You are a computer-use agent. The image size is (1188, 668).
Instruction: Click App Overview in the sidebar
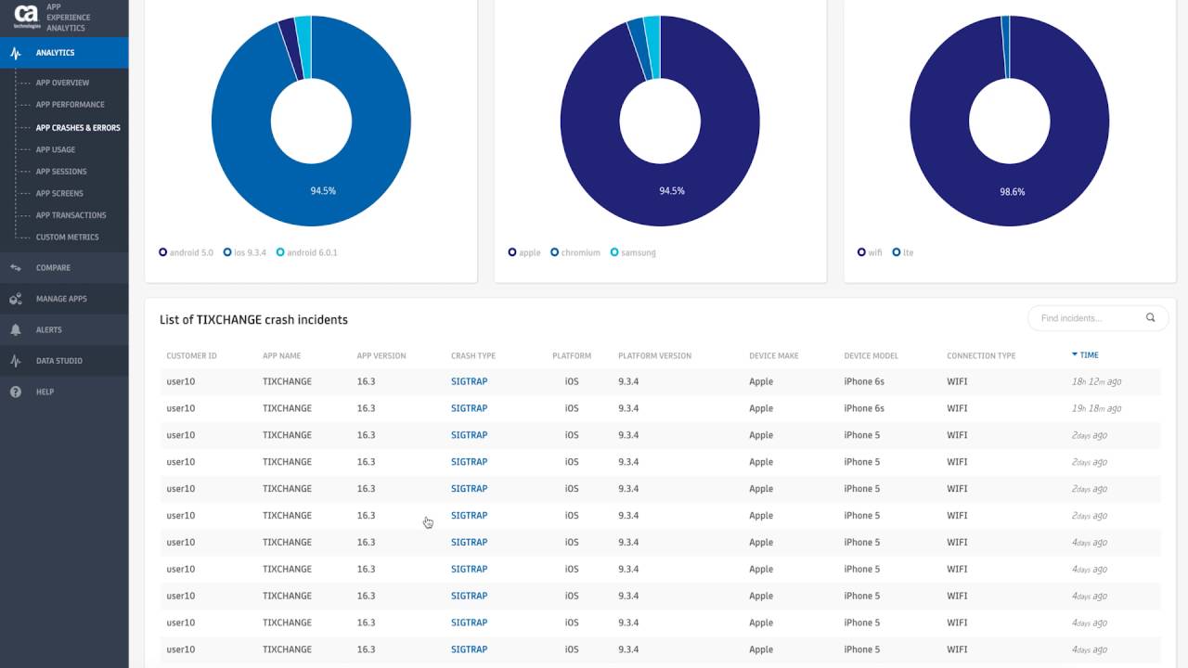[x=62, y=83]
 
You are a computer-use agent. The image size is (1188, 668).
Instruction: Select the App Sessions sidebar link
[x=61, y=172]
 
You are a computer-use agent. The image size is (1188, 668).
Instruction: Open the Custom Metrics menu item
[x=67, y=238]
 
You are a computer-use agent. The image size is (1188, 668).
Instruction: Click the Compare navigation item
[x=53, y=268]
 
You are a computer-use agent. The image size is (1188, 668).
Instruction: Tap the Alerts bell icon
[x=16, y=329]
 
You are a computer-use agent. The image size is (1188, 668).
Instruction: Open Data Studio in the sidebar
[x=58, y=361]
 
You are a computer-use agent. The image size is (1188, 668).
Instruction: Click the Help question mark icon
[x=16, y=392]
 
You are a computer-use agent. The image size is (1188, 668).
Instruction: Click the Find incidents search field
[x=1086, y=318]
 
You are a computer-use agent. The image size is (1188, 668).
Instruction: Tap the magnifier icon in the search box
[x=1151, y=317]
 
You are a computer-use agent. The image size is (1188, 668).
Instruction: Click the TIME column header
[x=1089, y=355]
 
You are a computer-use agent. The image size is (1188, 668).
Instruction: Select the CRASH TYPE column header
[x=473, y=356]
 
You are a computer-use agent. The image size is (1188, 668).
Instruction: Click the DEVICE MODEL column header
[x=872, y=356]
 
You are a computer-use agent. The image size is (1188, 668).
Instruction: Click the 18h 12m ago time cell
[x=1096, y=381]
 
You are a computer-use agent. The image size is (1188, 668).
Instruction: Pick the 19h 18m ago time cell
[x=1096, y=408]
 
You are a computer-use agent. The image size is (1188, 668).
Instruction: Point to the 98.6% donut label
[x=1013, y=191]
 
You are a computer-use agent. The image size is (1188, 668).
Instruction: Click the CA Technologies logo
[x=26, y=17]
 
